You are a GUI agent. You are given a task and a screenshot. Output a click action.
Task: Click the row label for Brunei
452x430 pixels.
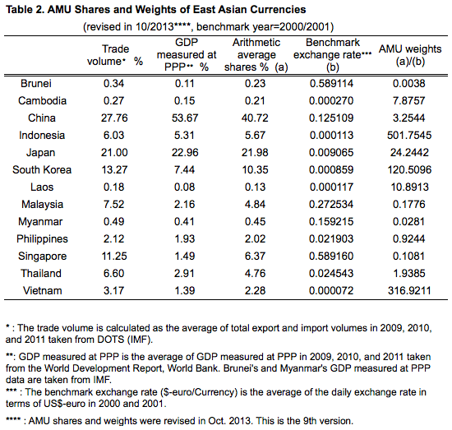pyautogui.click(x=36, y=84)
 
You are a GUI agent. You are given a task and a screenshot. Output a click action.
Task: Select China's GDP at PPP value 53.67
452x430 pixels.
pyautogui.click(x=185, y=118)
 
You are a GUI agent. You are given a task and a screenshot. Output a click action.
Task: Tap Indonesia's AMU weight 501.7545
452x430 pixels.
pyautogui.click(x=409, y=136)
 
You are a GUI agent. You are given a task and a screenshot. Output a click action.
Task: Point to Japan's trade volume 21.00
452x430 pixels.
pyautogui.click(x=114, y=153)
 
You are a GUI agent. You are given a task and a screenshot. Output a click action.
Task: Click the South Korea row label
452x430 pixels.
pyautogui.click(x=42, y=170)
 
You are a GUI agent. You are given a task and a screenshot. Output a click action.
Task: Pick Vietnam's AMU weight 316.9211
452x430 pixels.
pyautogui.click(x=409, y=291)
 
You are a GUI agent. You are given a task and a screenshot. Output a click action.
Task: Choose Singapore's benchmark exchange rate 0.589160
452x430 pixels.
pyautogui.click(x=331, y=256)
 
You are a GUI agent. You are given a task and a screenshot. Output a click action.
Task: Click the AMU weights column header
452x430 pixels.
pyautogui.click(x=410, y=55)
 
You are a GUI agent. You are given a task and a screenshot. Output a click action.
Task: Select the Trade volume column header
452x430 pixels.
pyautogui.click(x=115, y=55)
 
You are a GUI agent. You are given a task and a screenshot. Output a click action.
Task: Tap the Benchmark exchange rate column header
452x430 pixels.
pyautogui.click(x=332, y=55)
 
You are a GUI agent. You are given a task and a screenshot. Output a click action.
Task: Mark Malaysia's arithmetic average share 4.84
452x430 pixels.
pyautogui.click(x=255, y=205)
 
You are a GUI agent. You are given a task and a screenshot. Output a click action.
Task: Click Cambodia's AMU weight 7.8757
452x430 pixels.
pyautogui.click(x=408, y=100)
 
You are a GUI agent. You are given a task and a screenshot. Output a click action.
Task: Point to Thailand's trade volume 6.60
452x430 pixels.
pyautogui.click(x=114, y=274)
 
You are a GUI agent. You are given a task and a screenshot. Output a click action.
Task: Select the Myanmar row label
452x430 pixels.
pyautogui.click(x=40, y=222)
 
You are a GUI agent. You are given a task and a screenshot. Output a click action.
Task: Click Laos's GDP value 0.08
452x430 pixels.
pyautogui.click(x=184, y=187)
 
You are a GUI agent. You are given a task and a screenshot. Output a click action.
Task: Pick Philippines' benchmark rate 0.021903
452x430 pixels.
pyautogui.click(x=331, y=238)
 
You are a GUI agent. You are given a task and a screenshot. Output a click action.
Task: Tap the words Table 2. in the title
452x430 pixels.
pyautogui.click(x=25, y=10)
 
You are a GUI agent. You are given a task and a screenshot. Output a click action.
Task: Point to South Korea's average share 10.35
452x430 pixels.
pyautogui.click(x=255, y=170)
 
